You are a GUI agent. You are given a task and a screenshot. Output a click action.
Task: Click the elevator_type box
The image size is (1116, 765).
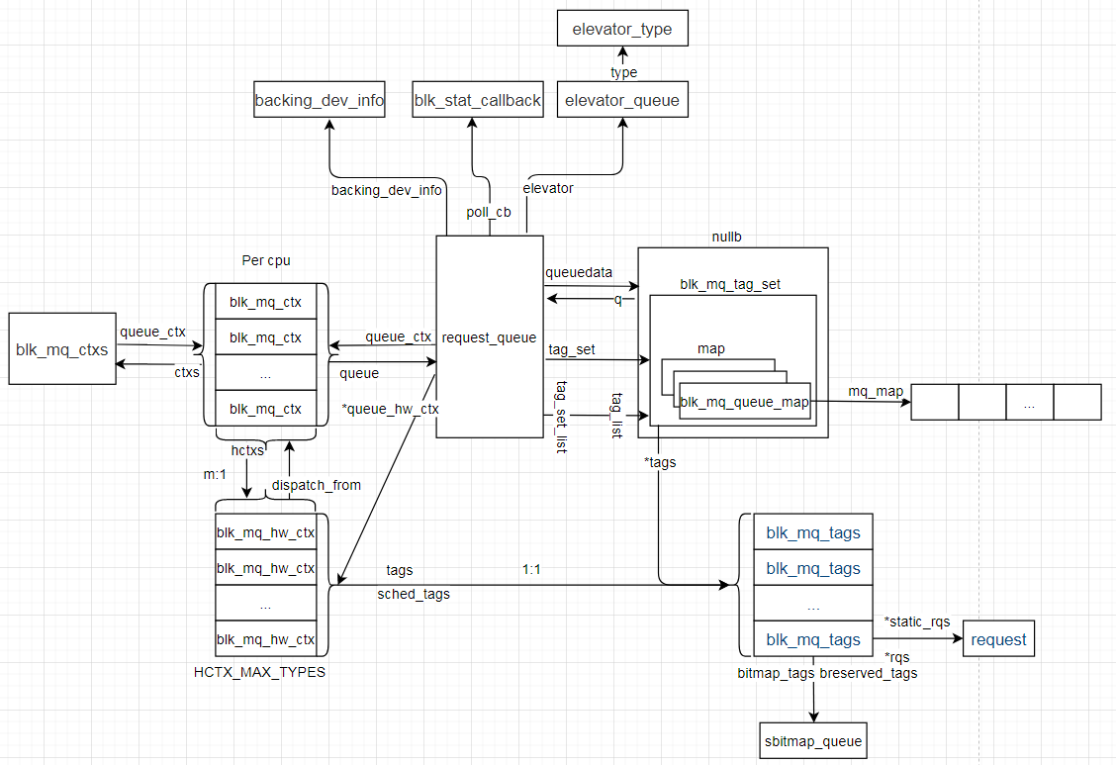pyautogui.click(x=621, y=29)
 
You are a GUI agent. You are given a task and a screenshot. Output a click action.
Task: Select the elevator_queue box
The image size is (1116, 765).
pyautogui.click(x=621, y=101)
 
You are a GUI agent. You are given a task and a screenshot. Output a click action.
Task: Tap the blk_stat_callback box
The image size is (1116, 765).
pyautogui.click(x=478, y=100)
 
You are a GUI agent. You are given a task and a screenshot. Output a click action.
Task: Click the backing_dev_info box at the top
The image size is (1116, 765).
pyautogui.click(x=319, y=100)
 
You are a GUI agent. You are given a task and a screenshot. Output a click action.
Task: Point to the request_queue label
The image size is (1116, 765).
pyautogui.click(x=489, y=337)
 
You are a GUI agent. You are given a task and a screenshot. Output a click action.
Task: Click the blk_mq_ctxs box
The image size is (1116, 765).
pyautogui.click(x=61, y=348)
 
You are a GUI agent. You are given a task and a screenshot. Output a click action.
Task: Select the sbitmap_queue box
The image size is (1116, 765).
pyautogui.click(x=813, y=740)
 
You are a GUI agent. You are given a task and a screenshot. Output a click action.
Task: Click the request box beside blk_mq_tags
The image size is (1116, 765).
pyautogui.click(x=998, y=639)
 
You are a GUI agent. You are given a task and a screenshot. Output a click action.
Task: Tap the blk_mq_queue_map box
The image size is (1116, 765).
pyautogui.click(x=744, y=401)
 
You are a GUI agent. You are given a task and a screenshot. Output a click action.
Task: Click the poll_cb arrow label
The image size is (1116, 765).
pyautogui.click(x=489, y=212)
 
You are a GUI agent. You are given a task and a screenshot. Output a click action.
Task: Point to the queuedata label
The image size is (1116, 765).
pyautogui.click(x=579, y=271)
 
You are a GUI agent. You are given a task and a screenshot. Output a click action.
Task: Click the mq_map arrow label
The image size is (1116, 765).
pyautogui.click(x=875, y=392)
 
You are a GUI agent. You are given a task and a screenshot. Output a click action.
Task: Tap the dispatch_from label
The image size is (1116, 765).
pyautogui.click(x=316, y=485)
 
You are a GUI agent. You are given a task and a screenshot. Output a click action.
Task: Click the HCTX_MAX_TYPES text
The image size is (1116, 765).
pyautogui.click(x=258, y=672)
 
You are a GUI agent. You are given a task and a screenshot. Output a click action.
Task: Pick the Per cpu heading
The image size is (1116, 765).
pyautogui.click(x=266, y=261)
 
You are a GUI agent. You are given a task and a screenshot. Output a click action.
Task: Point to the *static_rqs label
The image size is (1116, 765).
pyautogui.click(x=916, y=622)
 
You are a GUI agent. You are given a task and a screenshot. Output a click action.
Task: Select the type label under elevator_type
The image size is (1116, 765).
pyautogui.click(x=623, y=72)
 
